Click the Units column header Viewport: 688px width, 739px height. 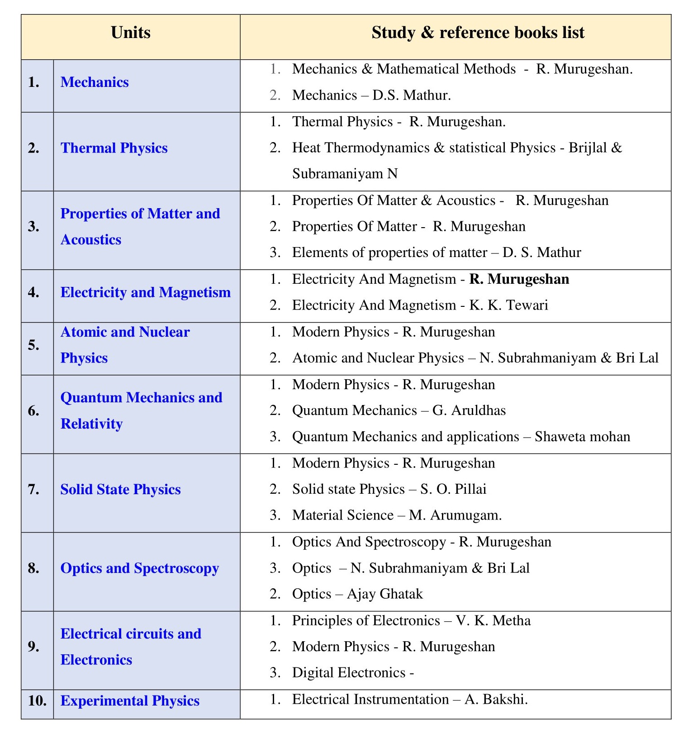[x=130, y=33]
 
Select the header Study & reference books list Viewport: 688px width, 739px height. [x=478, y=33]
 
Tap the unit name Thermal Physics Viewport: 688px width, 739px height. [x=114, y=148]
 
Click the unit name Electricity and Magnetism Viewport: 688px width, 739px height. [x=145, y=293]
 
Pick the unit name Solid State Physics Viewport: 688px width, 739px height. [x=120, y=490]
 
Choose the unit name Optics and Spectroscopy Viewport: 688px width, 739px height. [x=139, y=568]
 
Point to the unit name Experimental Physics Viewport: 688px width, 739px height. [x=130, y=701]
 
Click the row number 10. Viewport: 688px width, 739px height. [x=37, y=701]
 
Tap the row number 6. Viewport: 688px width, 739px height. [x=33, y=411]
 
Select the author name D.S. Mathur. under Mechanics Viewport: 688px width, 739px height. [x=412, y=95]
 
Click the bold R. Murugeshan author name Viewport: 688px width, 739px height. [x=519, y=279]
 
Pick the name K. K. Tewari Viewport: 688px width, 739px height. [x=508, y=305]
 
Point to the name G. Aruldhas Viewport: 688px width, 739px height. [x=469, y=410]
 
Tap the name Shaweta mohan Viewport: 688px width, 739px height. [x=582, y=437]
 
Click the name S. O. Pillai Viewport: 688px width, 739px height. [x=453, y=489]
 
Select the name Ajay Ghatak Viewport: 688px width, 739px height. [x=384, y=594]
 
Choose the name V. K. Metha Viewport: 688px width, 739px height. [x=493, y=620]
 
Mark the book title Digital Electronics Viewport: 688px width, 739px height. [x=349, y=673]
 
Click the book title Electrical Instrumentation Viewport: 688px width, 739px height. [x=370, y=700]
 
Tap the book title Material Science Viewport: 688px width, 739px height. [x=343, y=515]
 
